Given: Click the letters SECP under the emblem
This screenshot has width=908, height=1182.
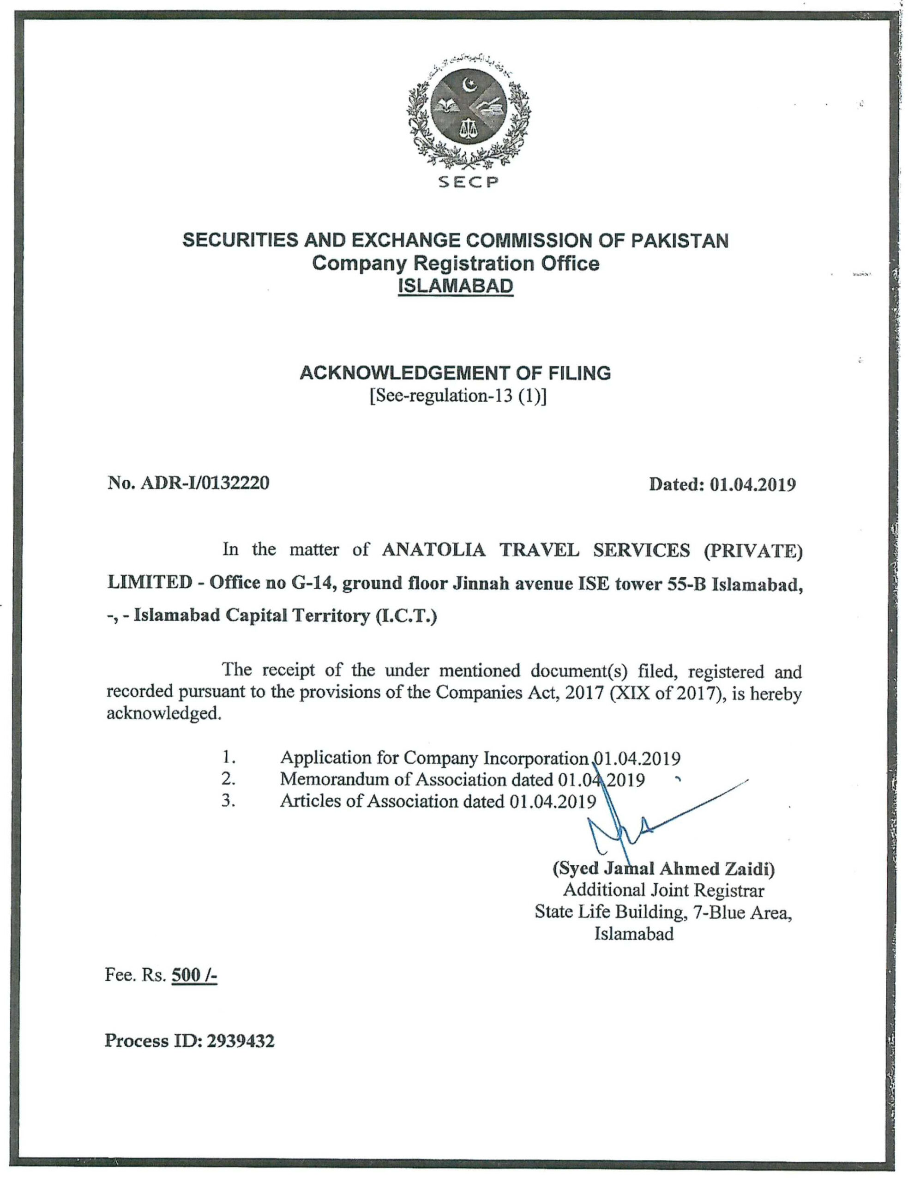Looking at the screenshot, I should (468, 183).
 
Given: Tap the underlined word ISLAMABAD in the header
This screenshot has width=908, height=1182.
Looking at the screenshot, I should (455, 286).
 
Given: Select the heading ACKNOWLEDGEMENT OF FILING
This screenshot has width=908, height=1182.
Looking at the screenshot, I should (455, 373).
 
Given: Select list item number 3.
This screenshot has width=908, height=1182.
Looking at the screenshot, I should (228, 801).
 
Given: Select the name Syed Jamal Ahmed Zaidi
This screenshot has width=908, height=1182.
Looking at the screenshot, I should (663, 868).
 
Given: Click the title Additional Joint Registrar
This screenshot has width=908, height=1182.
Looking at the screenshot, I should (663, 890).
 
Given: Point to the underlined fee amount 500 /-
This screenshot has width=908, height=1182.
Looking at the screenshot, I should (194, 976).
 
